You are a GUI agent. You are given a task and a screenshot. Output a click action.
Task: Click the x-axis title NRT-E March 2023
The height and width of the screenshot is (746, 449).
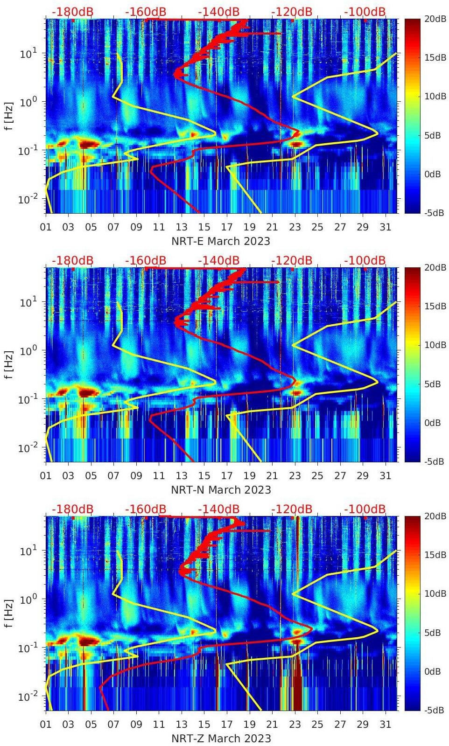tap(221, 241)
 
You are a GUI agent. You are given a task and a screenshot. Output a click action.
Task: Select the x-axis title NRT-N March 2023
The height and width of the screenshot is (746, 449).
tap(221, 490)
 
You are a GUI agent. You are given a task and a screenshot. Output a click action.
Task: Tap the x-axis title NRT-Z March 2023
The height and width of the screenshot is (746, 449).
tap(221, 739)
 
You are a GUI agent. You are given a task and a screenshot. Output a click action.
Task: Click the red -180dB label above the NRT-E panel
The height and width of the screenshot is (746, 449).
tap(72, 12)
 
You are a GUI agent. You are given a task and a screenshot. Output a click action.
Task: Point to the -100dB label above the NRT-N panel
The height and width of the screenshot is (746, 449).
tap(365, 260)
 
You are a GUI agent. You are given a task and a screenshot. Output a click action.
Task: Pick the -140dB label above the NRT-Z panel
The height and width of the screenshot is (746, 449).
tap(218, 509)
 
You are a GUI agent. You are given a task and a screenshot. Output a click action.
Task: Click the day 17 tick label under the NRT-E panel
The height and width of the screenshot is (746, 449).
tap(227, 227)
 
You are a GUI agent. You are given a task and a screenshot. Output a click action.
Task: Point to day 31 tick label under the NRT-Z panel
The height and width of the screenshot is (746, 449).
tap(385, 725)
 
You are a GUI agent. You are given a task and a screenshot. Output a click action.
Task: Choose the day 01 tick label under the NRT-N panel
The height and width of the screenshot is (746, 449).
tap(46, 476)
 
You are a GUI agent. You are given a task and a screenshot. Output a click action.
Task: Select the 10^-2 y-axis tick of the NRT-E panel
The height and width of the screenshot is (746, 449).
tap(28, 199)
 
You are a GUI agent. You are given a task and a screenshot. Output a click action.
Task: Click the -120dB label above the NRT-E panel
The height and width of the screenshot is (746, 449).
tap(292, 12)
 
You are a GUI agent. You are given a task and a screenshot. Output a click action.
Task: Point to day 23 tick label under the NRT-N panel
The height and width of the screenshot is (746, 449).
tap(295, 476)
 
